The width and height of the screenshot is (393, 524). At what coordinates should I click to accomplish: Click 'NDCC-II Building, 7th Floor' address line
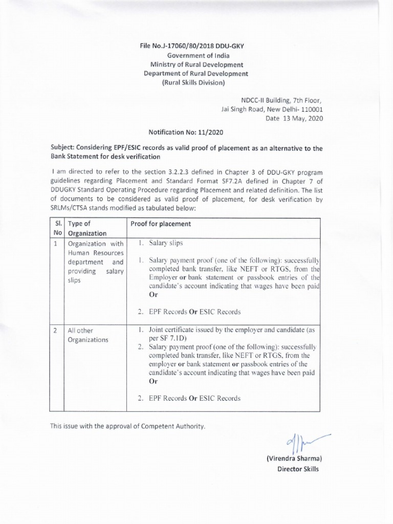tap(282, 100)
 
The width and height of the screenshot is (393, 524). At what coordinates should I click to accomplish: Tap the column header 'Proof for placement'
tap(161, 224)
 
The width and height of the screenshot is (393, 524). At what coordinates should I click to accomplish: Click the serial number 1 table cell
tap(56, 244)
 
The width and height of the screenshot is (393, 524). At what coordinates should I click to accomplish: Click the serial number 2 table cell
tap(56, 331)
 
